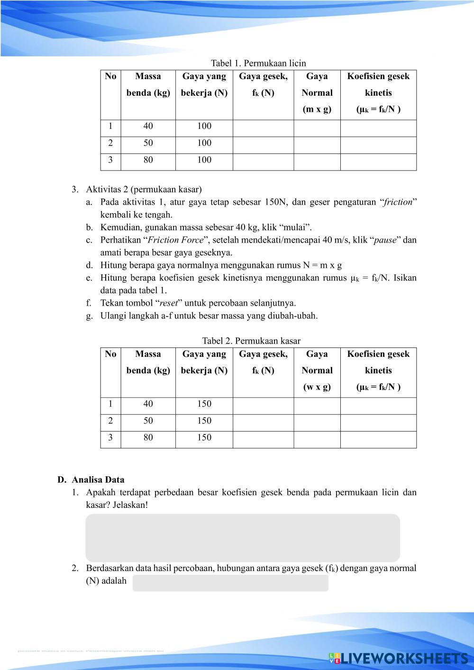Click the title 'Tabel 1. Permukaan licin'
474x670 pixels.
point(258,63)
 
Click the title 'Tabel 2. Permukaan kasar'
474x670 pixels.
point(251,341)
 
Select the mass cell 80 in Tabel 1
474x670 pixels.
point(148,160)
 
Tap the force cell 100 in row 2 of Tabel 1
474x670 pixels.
point(204,143)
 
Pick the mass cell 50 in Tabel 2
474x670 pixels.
point(148,421)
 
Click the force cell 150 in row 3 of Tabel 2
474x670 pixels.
point(204,438)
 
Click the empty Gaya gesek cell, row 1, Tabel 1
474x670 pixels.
point(263,127)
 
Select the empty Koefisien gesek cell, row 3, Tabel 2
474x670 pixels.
point(378,438)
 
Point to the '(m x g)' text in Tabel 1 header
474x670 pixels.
point(317,109)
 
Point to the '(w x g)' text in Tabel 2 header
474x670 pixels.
point(317,387)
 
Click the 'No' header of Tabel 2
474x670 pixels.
point(110,354)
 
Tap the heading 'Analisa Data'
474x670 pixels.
point(98,480)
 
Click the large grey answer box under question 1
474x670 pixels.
point(242,538)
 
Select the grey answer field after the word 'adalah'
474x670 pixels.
point(230,583)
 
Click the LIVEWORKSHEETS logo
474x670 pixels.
point(398,658)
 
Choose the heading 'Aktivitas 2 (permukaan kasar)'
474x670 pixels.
point(144,190)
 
